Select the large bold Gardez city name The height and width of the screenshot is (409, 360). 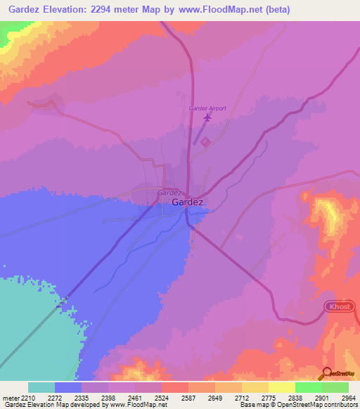click(188, 202)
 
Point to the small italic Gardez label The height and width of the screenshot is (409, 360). click(171, 192)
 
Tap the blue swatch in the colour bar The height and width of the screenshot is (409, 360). click(68, 387)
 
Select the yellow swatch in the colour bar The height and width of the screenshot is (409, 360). click(281, 387)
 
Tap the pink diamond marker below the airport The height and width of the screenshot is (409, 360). click(205, 142)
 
